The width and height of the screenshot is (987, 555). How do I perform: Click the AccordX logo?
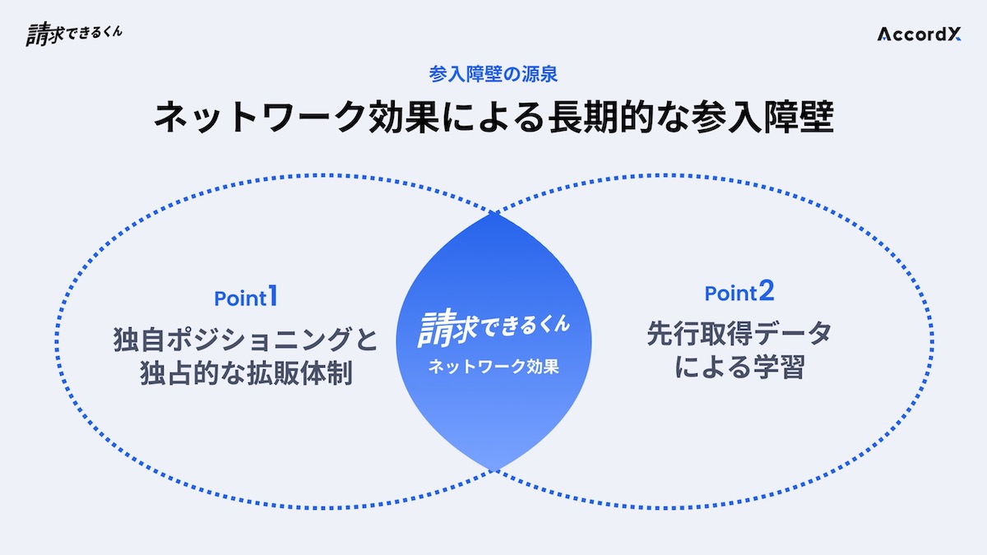click(x=920, y=35)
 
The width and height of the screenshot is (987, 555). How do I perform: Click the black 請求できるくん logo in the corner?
click(x=74, y=35)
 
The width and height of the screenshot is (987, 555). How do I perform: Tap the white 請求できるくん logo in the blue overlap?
click(x=493, y=328)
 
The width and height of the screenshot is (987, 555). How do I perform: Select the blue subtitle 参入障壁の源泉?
click(x=493, y=74)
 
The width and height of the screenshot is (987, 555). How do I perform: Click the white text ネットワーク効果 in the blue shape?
click(x=493, y=367)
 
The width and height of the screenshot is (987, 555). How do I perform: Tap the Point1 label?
click(x=246, y=297)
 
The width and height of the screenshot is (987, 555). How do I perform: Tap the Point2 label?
click(x=739, y=292)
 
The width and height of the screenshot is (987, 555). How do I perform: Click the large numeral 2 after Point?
click(x=767, y=291)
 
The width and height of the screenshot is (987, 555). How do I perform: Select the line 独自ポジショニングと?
click(x=245, y=339)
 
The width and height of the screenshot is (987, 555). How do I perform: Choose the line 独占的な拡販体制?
click(x=246, y=373)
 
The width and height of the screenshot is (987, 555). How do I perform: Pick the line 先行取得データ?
click(x=739, y=334)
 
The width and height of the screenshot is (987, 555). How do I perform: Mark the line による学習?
click(x=739, y=367)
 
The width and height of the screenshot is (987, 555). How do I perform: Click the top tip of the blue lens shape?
click(x=493, y=214)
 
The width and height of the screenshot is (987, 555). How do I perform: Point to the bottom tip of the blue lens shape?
click(x=493, y=470)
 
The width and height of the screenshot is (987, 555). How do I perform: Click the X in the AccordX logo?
click(x=954, y=35)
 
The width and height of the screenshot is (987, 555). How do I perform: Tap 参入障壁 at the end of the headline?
click(x=762, y=117)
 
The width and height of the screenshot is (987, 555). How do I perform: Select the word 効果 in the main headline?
click(x=403, y=117)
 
